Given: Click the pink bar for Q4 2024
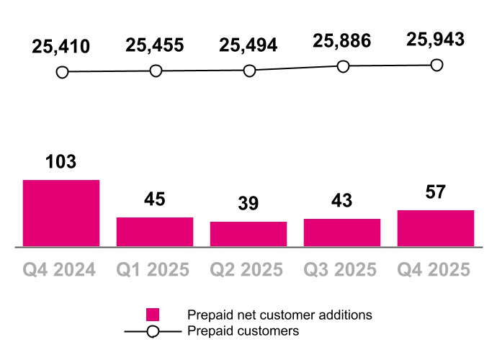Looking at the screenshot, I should click(x=61, y=212).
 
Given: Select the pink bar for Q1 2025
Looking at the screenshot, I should click(x=155, y=231).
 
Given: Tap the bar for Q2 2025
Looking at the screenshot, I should click(x=248, y=233).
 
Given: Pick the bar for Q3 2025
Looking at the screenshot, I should click(x=342, y=232).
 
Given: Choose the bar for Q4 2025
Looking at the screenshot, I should click(x=436, y=228).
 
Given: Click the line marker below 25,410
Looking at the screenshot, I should click(x=62, y=72).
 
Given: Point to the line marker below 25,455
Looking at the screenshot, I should click(x=156, y=71).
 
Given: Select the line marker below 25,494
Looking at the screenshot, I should click(x=249, y=71).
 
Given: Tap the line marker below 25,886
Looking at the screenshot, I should click(x=343, y=66).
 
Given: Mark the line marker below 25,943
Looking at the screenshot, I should click(x=436, y=65).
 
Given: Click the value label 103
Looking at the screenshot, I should click(x=61, y=162).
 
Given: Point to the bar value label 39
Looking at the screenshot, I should click(x=248, y=204).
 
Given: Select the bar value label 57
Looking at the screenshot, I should click(x=436, y=192).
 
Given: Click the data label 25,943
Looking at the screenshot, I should click(x=436, y=40).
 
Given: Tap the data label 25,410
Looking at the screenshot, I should click(x=61, y=47).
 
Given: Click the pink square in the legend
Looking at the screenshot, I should click(x=153, y=315).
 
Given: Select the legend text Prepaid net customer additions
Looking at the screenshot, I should click(x=279, y=315).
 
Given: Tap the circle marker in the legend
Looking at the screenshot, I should click(x=153, y=331).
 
